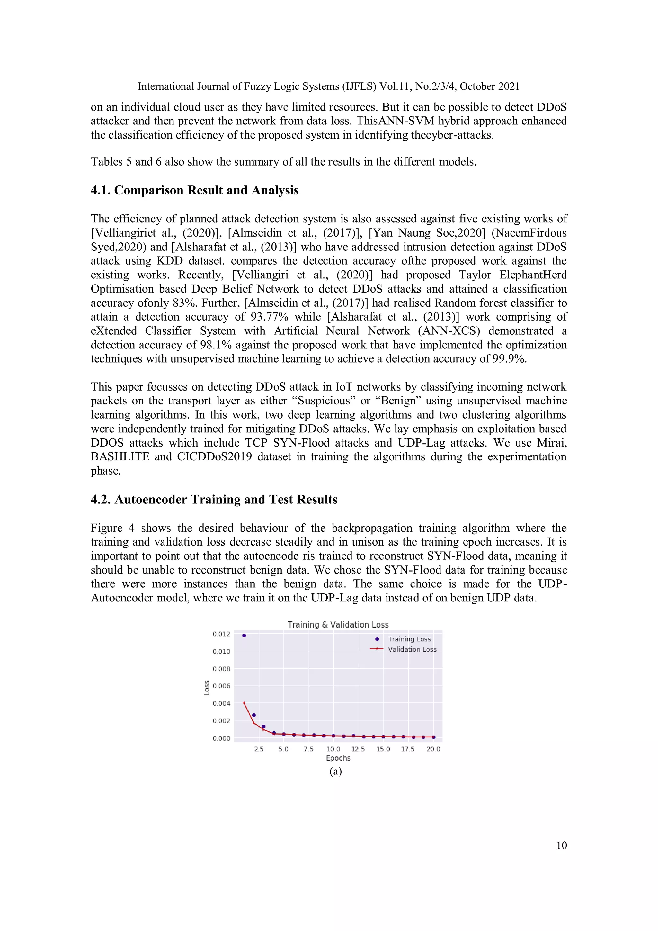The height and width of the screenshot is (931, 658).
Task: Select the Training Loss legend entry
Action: (x=409, y=639)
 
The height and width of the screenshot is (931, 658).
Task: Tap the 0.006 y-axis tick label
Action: (x=221, y=686)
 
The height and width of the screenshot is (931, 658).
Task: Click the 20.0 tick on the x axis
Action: (x=433, y=749)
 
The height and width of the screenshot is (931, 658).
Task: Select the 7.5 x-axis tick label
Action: (x=308, y=749)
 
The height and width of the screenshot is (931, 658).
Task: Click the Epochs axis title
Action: (x=338, y=758)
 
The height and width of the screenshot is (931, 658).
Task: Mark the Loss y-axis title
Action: (x=207, y=688)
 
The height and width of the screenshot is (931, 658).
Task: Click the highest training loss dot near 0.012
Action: (x=244, y=635)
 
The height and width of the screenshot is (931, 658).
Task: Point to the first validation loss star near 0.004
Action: (x=244, y=703)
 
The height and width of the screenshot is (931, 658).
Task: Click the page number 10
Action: (x=561, y=845)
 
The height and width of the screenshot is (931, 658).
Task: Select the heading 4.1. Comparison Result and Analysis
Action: (x=194, y=190)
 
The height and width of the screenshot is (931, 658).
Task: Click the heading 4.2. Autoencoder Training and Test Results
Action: (x=214, y=500)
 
